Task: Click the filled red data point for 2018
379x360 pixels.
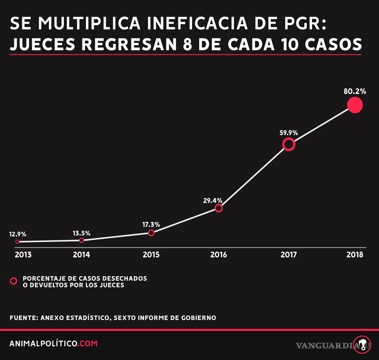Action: (355, 105)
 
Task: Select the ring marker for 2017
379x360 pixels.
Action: (289, 144)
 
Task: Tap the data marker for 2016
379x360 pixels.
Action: (219, 208)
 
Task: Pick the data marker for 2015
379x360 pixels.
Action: (151, 233)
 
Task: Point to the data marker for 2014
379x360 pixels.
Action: (81, 240)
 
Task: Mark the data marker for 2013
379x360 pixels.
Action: (17, 242)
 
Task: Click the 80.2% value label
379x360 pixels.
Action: (355, 92)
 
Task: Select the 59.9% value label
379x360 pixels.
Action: (288, 133)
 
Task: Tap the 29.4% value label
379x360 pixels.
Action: (213, 201)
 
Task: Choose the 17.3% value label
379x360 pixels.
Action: (151, 225)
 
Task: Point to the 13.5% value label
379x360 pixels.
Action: (81, 233)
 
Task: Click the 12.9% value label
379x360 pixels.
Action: (18, 234)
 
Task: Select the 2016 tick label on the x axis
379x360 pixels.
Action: (219, 255)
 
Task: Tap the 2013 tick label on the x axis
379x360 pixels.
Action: (23, 255)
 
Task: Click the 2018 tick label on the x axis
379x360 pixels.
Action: (355, 255)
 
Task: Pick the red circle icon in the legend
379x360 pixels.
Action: (14, 281)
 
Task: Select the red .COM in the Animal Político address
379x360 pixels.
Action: (88, 344)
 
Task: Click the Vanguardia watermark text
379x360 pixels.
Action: (327, 345)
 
